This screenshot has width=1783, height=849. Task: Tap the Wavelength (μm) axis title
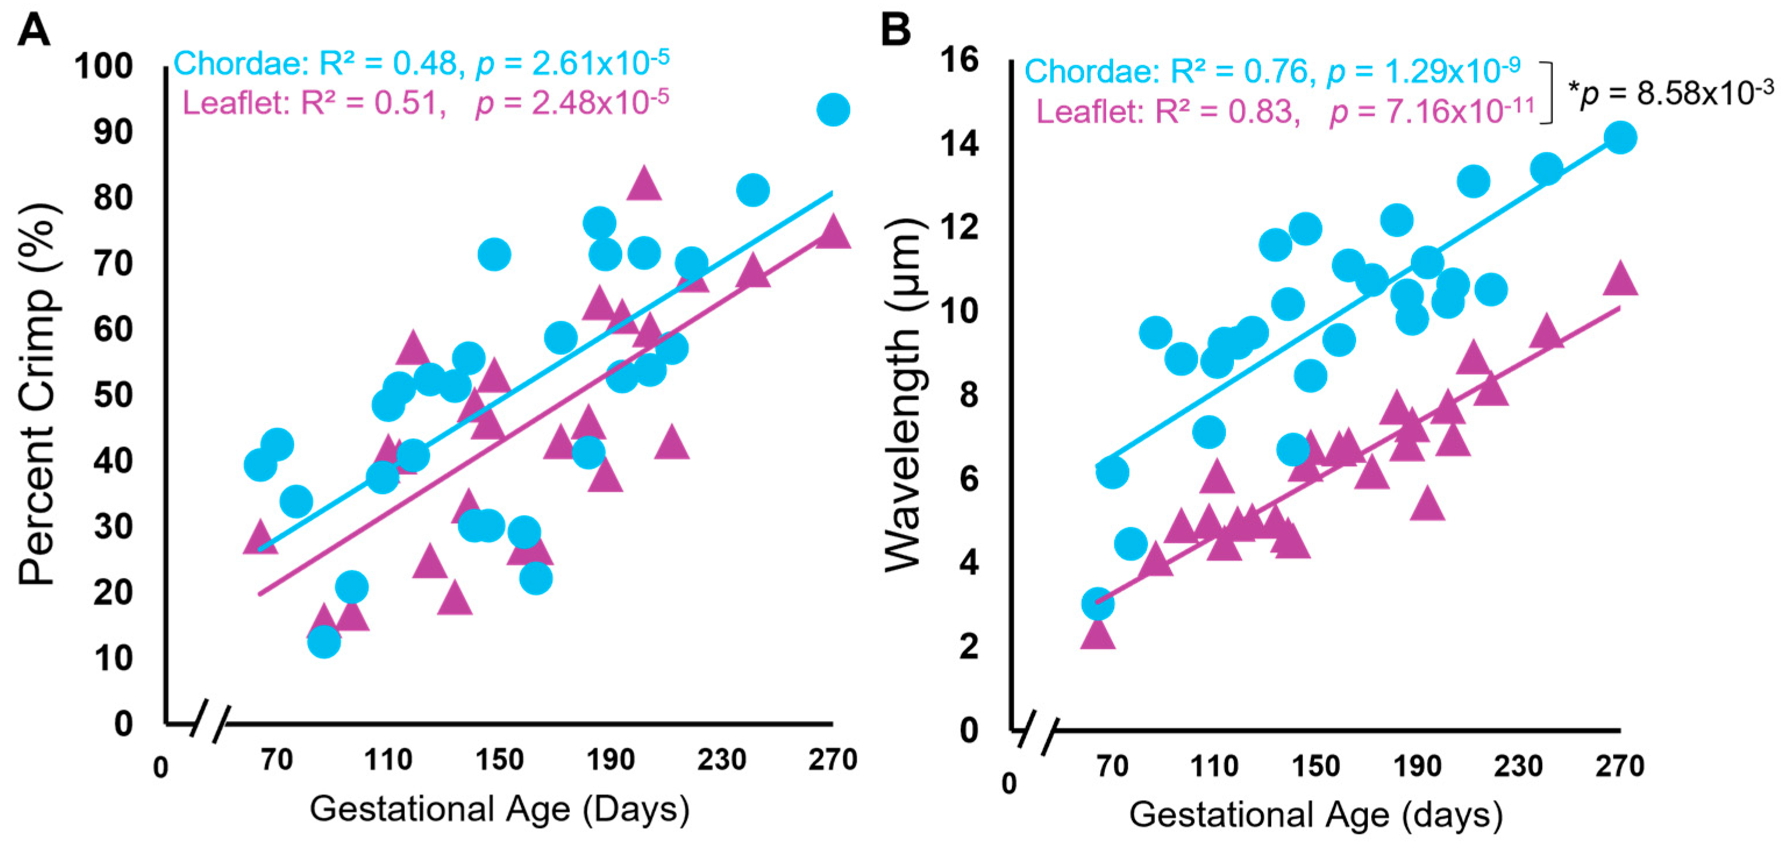(904, 395)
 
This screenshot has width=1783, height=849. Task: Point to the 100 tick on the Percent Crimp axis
(104, 66)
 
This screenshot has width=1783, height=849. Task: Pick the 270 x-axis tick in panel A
(833, 759)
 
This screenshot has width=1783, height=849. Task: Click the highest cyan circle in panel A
(833, 109)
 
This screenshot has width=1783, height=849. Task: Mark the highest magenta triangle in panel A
(644, 183)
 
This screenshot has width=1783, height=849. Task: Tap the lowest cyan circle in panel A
(324, 642)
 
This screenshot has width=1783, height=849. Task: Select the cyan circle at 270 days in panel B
(1620, 137)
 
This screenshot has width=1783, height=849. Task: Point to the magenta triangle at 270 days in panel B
(1620, 280)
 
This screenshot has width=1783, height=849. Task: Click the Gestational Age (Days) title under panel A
(499, 808)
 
